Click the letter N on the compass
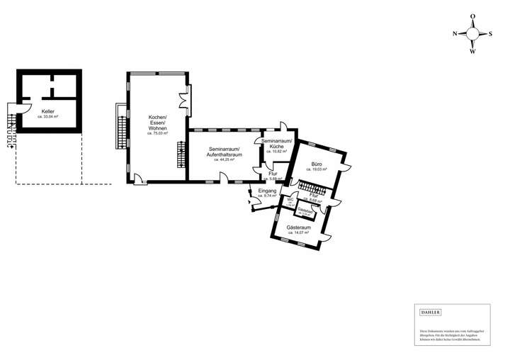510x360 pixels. tap(455, 33)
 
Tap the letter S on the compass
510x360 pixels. tap(490, 33)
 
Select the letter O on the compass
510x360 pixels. tap(472, 16)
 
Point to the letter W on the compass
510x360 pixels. tap(472, 51)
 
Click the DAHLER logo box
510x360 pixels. tap(431, 313)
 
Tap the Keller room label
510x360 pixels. tap(48, 112)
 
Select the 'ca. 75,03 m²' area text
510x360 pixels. tap(157, 133)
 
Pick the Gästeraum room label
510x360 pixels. tap(297, 227)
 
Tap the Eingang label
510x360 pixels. tap(266, 191)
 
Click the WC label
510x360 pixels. tap(290, 199)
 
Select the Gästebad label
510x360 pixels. tap(305, 210)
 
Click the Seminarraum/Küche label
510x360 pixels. tap(274, 144)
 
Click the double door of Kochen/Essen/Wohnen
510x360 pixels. tap(186, 97)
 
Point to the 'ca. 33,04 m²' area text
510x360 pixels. tap(48, 117)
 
